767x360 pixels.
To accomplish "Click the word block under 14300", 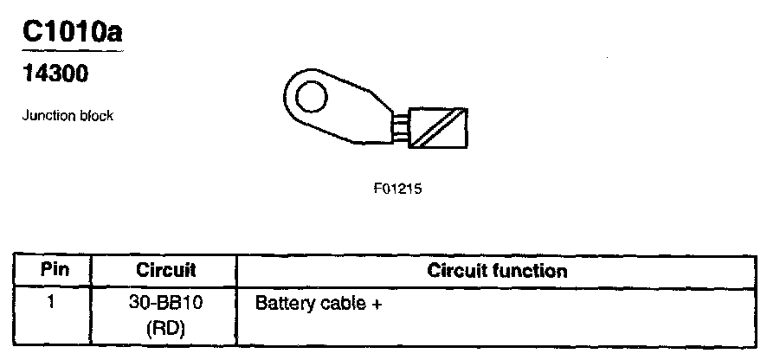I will pyautogui.click(x=95, y=116).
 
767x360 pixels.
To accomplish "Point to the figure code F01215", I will pyautogui.click(x=398, y=188).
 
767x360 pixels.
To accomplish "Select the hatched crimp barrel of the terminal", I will pyautogui.click(x=439, y=126).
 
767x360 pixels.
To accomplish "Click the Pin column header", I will pyautogui.click(x=55, y=270).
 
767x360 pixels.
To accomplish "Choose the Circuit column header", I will pyautogui.click(x=165, y=271).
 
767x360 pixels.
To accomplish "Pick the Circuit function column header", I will pyautogui.click(x=497, y=271).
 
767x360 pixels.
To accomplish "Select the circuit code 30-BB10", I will pyautogui.click(x=165, y=305).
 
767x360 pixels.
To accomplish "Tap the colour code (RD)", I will pyautogui.click(x=165, y=329).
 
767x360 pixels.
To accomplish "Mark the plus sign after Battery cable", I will pyautogui.click(x=377, y=305).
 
